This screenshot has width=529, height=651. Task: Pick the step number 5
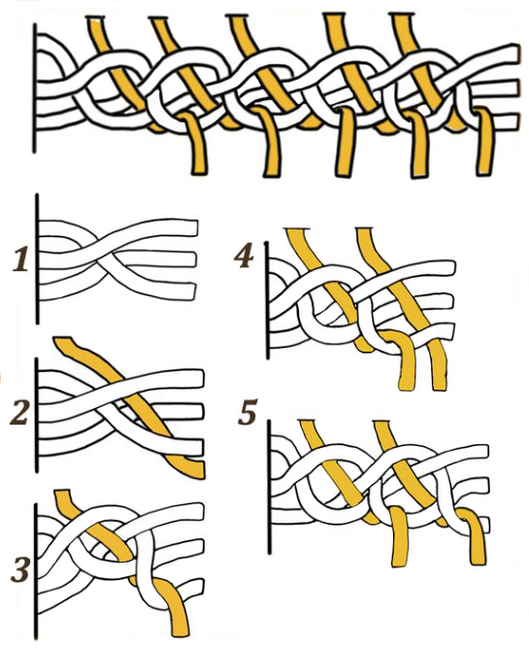point(248,412)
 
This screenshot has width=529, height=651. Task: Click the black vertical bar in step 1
point(37,258)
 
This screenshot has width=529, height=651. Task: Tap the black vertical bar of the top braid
point(34,88)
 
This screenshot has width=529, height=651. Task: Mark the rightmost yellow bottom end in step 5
point(478,561)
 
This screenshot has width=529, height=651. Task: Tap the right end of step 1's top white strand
point(195,227)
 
